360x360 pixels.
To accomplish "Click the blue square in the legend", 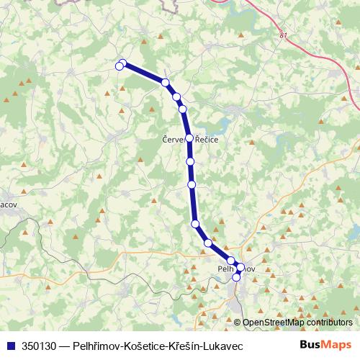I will click(x=11, y=346).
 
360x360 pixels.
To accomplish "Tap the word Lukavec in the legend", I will click(x=225, y=346).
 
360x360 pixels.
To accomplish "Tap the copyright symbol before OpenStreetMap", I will click(x=237, y=323).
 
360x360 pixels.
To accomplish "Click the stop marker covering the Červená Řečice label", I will click(x=189, y=138).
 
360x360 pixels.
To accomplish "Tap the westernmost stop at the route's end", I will click(x=120, y=66).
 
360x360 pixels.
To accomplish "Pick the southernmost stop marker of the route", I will click(x=236, y=276).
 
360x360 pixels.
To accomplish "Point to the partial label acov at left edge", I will click(x=9, y=204).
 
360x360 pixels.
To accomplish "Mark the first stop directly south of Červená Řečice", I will click(x=191, y=162).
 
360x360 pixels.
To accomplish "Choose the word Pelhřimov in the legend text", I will click(x=89, y=346).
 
